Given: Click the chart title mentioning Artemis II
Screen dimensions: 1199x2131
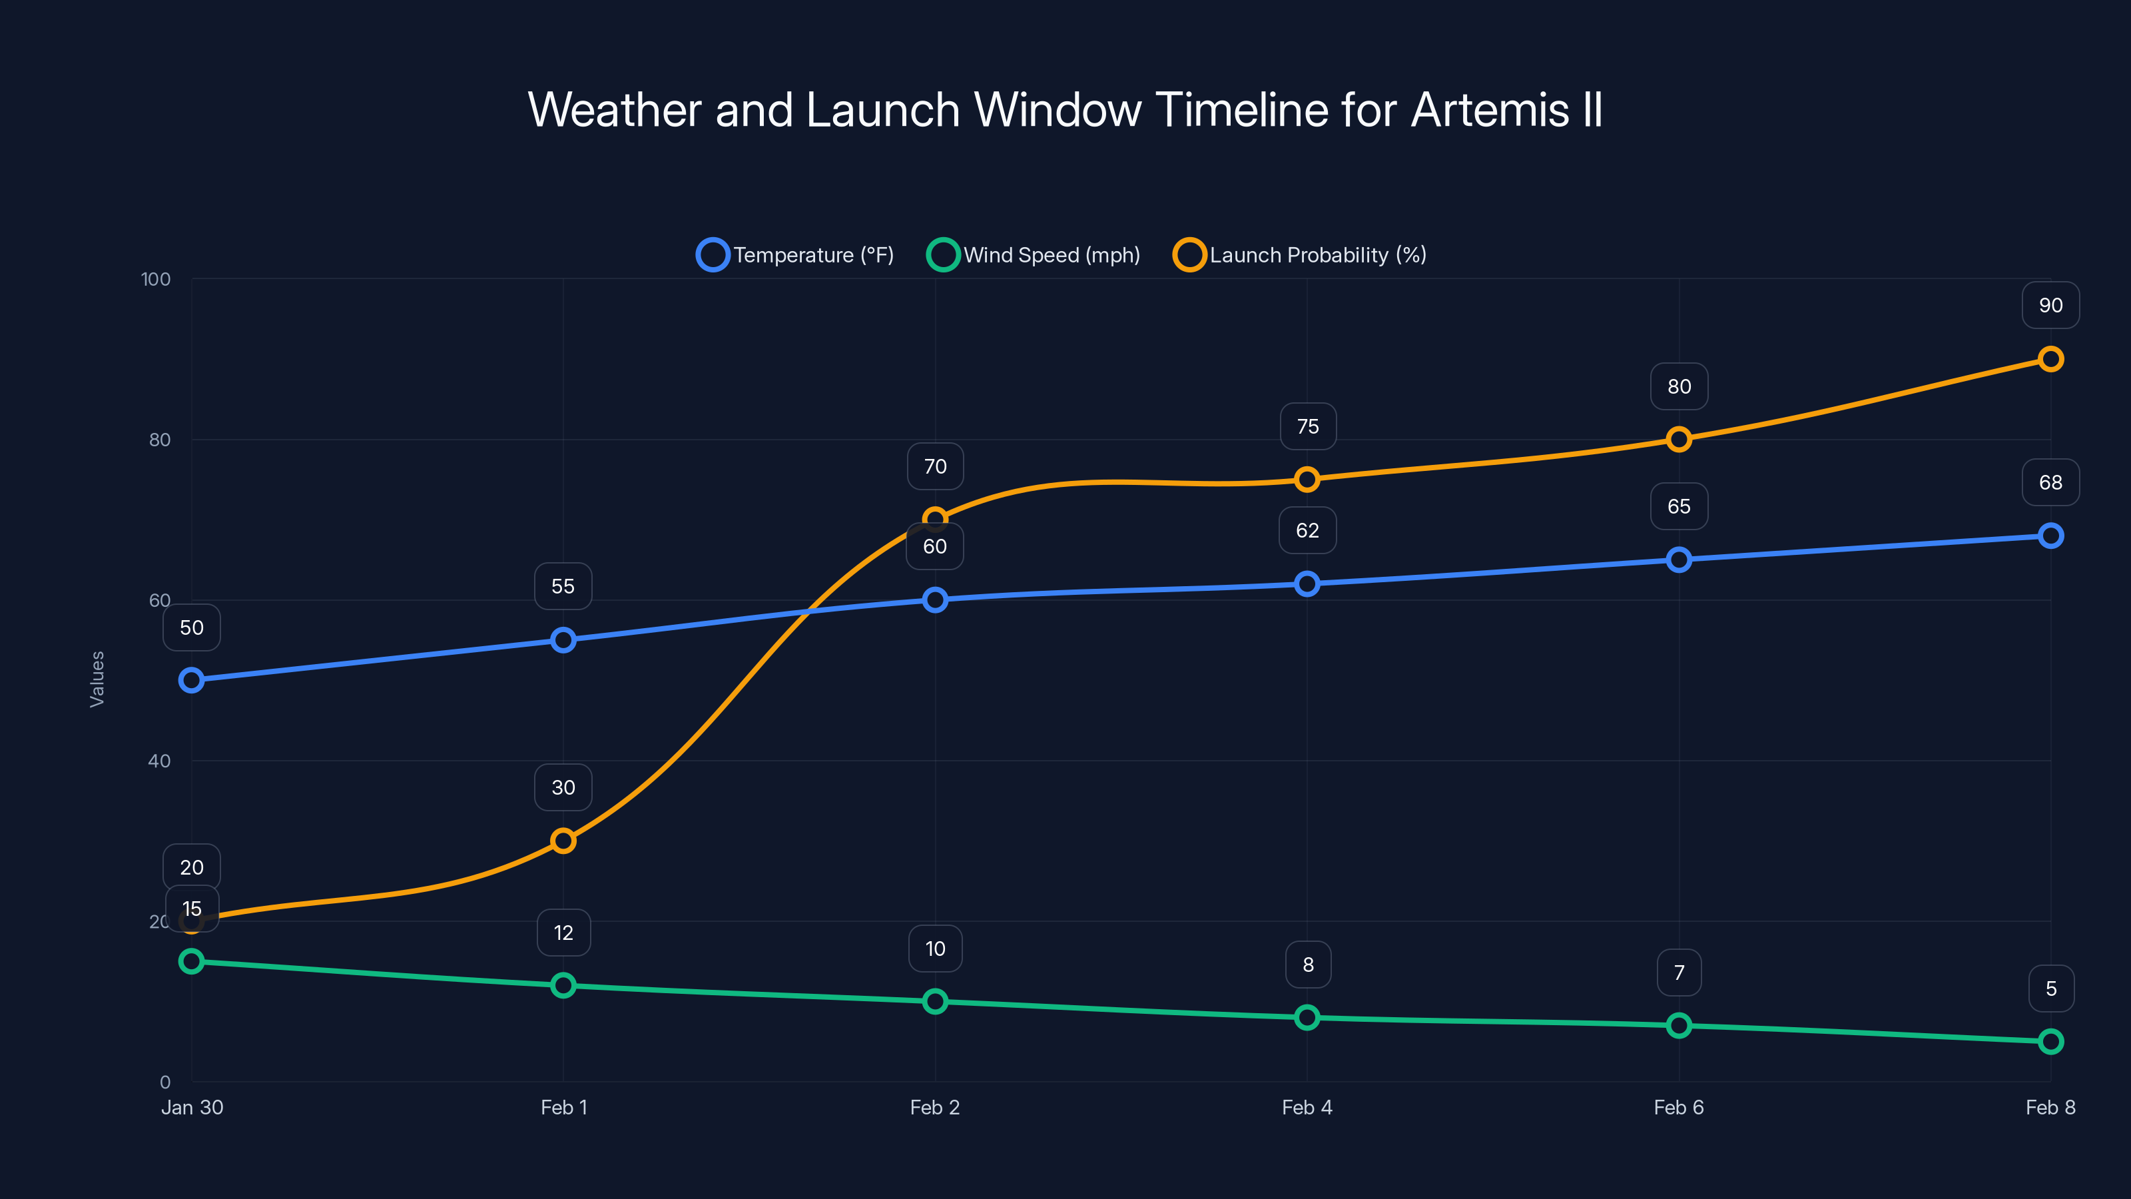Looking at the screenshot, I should (x=1065, y=110).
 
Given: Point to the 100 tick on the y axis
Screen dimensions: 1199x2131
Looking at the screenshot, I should (x=156, y=280).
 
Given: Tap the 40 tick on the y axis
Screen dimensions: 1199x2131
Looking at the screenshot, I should (x=159, y=761).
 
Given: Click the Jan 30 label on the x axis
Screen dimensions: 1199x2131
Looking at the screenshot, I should (x=192, y=1108).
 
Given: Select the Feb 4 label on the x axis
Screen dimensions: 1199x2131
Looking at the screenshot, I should (x=1307, y=1108).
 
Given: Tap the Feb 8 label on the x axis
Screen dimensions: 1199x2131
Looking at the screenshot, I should (x=2050, y=1108).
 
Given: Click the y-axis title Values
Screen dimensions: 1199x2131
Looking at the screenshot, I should (x=97, y=679).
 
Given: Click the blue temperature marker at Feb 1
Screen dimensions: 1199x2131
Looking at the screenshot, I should (x=563, y=640).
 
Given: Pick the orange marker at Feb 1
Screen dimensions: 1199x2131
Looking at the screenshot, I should (x=563, y=841).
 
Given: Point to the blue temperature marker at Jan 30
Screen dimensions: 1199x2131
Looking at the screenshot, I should (x=192, y=681).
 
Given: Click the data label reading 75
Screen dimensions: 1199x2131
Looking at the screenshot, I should (x=1308, y=427).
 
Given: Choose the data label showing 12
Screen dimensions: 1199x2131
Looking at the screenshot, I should (x=563, y=933).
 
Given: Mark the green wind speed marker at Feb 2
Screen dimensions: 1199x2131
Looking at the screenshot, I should (x=936, y=1002).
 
